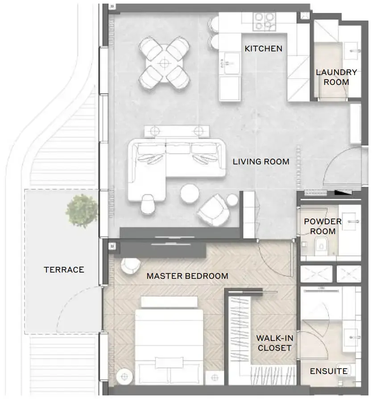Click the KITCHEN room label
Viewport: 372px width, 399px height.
(263, 48)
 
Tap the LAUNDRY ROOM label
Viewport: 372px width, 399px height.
(336, 77)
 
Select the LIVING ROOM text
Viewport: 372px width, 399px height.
(261, 162)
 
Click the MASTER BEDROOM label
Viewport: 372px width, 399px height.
(187, 276)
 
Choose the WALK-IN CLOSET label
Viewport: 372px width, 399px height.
(274, 343)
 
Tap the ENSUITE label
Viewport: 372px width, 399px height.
(329, 371)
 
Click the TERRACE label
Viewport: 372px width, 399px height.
(64, 269)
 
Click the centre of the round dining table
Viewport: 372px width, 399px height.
(165, 62)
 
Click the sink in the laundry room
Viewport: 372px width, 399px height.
(355, 50)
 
